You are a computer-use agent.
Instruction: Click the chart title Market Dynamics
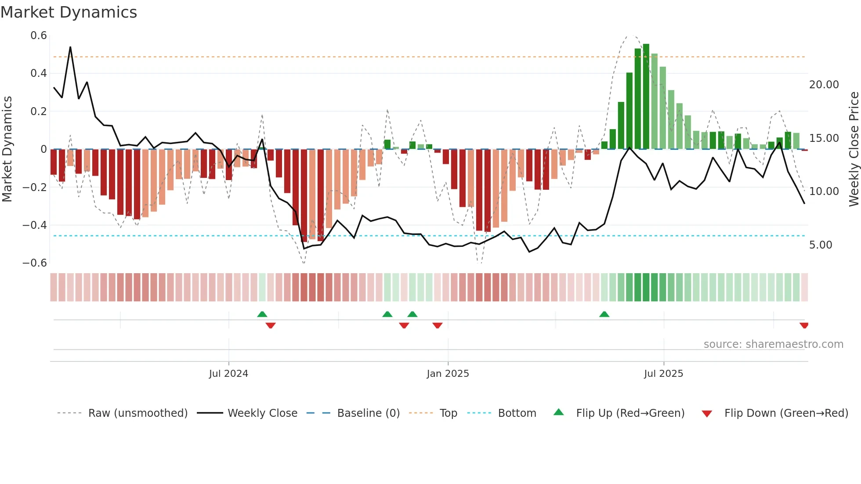click(69, 12)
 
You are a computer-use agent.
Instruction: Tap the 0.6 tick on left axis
click(39, 36)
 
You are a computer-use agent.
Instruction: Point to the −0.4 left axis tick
click(35, 225)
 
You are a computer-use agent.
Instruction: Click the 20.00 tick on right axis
click(824, 85)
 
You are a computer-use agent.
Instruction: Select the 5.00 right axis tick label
click(820, 245)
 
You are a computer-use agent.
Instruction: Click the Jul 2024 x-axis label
click(228, 374)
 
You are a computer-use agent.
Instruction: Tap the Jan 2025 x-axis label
click(448, 374)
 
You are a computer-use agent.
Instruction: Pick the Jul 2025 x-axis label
click(663, 374)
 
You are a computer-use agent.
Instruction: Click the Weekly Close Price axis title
click(854, 149)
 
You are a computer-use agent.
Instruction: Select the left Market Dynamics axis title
click(7, 149)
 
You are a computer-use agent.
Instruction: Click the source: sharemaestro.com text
click(773, 344)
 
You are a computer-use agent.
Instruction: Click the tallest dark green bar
click(646, 97)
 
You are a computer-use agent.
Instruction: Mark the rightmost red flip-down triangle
click(804, 325)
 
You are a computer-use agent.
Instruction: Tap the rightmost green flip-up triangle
click(604, 314)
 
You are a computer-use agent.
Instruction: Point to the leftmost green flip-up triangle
click(262, 314)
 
